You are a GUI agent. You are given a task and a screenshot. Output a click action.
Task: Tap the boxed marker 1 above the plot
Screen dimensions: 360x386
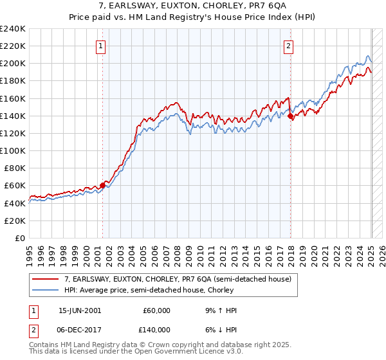pos(102,46)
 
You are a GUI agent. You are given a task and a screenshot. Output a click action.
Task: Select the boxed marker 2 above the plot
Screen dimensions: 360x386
pos(289,46)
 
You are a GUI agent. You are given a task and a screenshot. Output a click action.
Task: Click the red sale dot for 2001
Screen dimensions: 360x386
pos(102,185)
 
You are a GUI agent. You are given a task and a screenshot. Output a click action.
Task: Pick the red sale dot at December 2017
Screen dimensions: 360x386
pos(290,116)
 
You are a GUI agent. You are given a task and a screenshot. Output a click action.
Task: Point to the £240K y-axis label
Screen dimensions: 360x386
pos(13,29)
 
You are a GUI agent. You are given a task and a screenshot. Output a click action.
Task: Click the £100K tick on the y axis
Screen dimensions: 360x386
pos(13,150)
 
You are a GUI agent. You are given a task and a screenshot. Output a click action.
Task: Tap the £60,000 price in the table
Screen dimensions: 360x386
pos(156,310)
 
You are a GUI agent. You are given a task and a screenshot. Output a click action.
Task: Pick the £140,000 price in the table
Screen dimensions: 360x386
pos(154,329)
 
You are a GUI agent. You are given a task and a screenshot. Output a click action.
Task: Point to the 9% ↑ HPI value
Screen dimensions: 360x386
pos(219,310)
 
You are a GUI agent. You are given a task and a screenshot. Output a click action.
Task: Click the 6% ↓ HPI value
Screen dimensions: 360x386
pos(219,329)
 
